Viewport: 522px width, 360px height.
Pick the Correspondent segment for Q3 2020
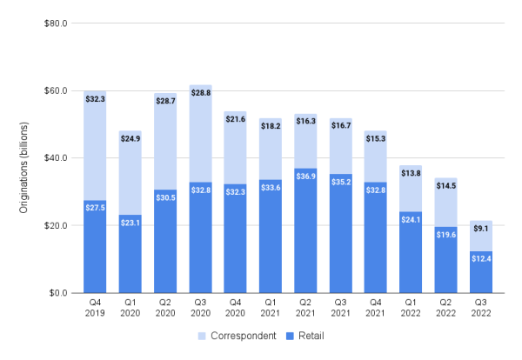201,139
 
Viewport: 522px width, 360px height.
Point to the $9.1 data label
481,230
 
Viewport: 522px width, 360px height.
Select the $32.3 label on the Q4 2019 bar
96,99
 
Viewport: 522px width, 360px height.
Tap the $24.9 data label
130,139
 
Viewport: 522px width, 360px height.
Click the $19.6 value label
446,234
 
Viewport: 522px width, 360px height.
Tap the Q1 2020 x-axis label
130,308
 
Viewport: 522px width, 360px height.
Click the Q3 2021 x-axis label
341,308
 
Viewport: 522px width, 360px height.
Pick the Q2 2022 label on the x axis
446,308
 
